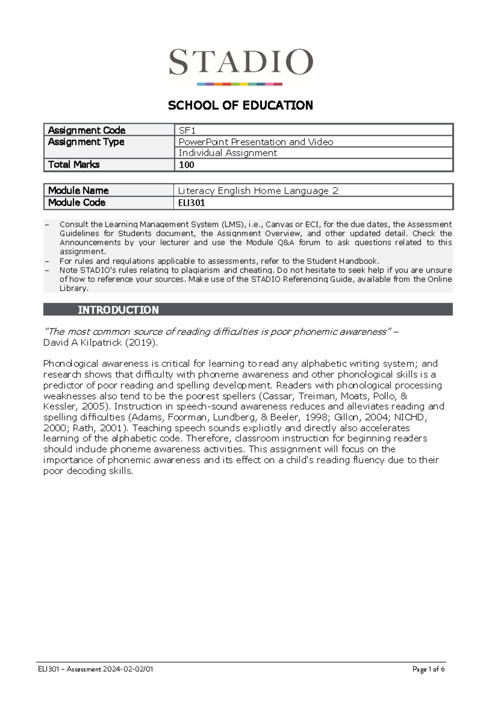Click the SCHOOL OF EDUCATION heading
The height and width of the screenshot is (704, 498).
[240, 105]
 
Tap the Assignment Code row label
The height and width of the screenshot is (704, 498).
[87, 130]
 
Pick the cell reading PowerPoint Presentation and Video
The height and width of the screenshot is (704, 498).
[256, 142]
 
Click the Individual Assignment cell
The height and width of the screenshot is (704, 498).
[227, 153]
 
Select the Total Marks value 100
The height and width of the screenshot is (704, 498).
[186, 165]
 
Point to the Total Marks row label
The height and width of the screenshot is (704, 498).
[74, 164]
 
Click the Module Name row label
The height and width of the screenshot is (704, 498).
[78, 191]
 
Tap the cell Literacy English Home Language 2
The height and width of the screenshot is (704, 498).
[258, 191]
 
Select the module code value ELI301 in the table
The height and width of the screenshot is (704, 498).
[191, 203]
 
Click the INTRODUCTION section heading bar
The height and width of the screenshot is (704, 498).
[248, 310]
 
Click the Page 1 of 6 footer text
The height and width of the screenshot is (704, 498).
[428, 669]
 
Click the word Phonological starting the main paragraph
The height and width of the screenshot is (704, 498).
[71, 364]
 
